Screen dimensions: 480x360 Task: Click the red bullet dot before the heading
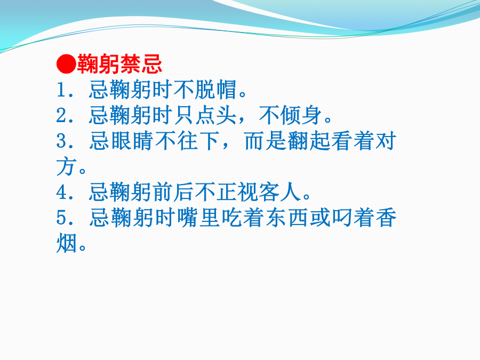click(x=66, y=65)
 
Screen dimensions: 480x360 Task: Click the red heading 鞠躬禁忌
click(x=119, y=64)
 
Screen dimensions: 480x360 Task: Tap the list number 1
click(x=61, y=90)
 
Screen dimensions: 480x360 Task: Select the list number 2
click(x=62, y=116)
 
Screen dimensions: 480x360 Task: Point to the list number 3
click(x=62, y=141)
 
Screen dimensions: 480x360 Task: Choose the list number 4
click(x=62, y=193)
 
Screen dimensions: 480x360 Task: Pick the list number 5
click(x=62, y=218)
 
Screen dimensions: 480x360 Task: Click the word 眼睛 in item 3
click(x=132, y=141)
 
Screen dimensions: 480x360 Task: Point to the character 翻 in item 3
click(x=298, y=141)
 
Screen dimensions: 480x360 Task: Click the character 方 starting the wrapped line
click(x=66, y=167)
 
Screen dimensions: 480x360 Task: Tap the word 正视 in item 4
click(x=237, y=192)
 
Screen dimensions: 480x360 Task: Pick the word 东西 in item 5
click(x=286, y=218)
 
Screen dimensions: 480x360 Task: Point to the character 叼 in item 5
click(x=342, y=218)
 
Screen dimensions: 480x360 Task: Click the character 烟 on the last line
click(x=66, y=244)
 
